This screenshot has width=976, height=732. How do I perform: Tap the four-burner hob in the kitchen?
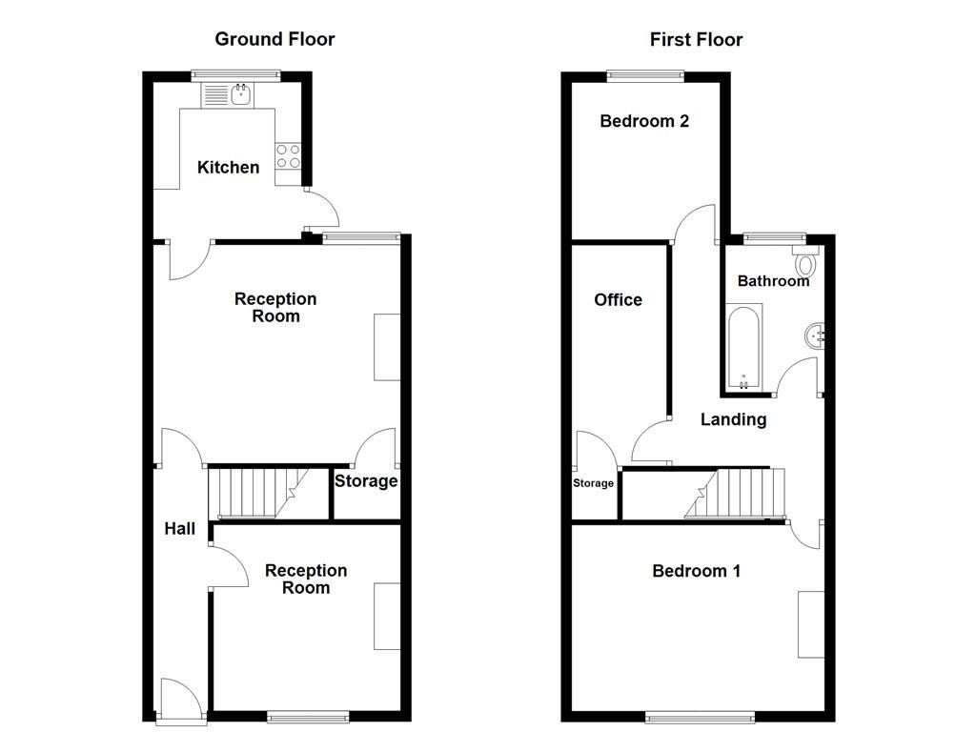pos(288,156)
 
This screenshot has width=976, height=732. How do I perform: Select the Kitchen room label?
pos(228,168)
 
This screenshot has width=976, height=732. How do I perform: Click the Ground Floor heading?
pos(274,39)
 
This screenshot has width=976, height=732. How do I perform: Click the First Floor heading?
pos(696,39)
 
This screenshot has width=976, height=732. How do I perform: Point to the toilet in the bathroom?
pos(806,262)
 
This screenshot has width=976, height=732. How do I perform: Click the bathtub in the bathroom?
pos(743,347)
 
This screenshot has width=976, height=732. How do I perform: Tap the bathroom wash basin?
pos(813,335)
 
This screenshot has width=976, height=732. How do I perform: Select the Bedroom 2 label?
pos(644,121)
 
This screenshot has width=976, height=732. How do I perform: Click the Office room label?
pos(618,300)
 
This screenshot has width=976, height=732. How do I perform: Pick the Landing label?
pos(733,419)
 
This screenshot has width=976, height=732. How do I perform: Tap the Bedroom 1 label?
pos(696,571)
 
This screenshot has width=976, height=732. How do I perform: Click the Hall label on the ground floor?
pos(179,529)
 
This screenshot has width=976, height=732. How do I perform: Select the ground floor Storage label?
pos(365,481)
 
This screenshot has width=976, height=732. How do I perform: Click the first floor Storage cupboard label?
pos(593,483)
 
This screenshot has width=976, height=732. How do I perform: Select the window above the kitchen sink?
pos(235,74)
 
